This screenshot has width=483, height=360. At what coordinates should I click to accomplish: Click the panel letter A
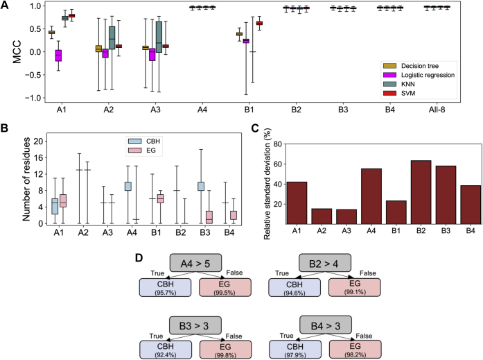click(x=6, y=6)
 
